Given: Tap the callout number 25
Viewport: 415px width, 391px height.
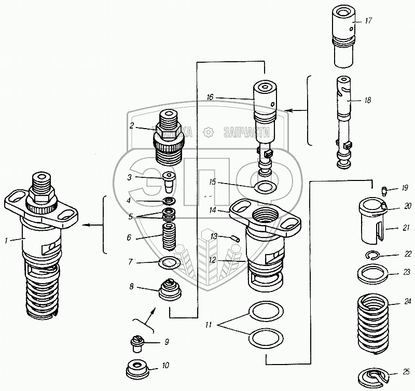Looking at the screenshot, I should pyautogui.click(x=407, y=371).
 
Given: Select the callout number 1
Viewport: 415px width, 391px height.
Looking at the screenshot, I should pyautogui.click(x=5, y=241).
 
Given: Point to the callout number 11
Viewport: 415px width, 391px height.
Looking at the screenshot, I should pyautogui.click(x=208, y=325).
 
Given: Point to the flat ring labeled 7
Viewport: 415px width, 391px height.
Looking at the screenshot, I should pyautogui.click(x=170, y=263).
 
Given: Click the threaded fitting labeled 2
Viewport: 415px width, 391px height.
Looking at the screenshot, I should pyautogui.click(x=169, y=136).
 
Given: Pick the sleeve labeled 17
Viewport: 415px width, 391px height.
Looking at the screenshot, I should pyautogui.click(x=343, y=39).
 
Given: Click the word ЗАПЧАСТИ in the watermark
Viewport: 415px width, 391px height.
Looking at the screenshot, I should pyautogui.click(x=246, y=132).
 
